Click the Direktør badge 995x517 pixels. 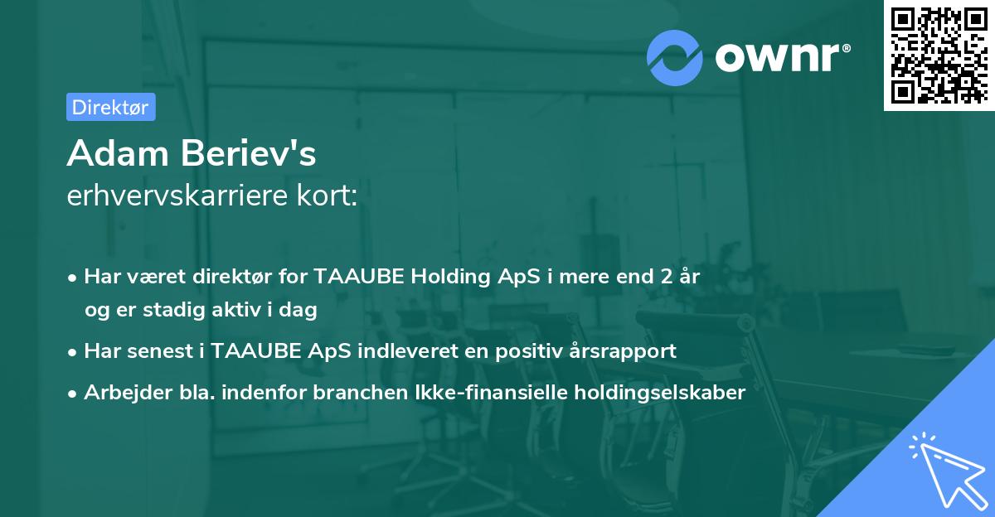click(110, 107)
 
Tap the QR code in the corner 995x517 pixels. click(939, 56)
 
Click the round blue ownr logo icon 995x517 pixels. click(675, 57)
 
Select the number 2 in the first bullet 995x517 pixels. click(657, 277)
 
